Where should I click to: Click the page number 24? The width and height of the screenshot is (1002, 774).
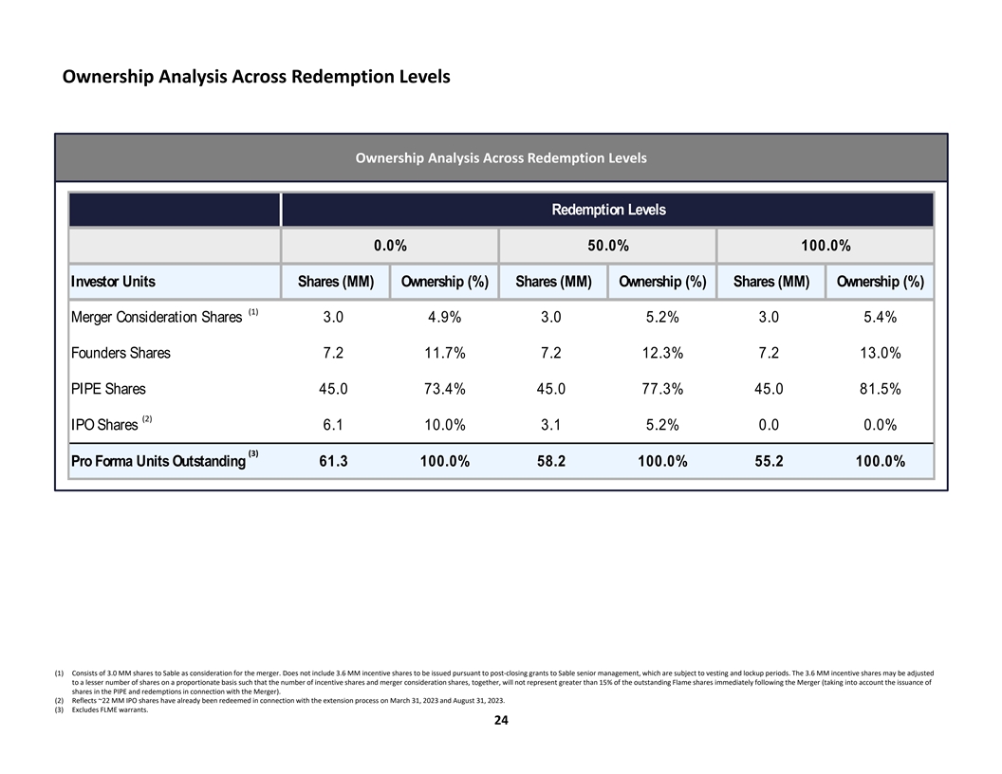(x=501, y=721)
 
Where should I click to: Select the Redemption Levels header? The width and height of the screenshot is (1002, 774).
(x=608, y=210)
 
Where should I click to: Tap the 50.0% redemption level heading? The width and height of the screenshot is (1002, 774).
(x=608, y=246)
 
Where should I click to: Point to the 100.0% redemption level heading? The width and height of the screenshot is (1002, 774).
(x=826, y=246)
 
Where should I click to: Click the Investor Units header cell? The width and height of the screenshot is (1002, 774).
(x=113, y=282)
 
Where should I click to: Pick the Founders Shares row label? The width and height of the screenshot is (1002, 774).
(x=121, y=353)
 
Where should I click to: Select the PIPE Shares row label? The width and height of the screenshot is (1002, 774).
(x=108, y=389)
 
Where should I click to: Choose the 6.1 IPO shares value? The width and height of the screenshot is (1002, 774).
(x=332, y=425)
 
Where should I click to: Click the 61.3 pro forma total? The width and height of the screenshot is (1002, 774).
(x=332, y=462)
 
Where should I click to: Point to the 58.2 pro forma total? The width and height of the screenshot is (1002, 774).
(x=550, y=462)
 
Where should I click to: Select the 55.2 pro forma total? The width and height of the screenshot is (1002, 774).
(x=769, y=462)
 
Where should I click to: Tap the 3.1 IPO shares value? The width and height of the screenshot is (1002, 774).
(x=550, y=425)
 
